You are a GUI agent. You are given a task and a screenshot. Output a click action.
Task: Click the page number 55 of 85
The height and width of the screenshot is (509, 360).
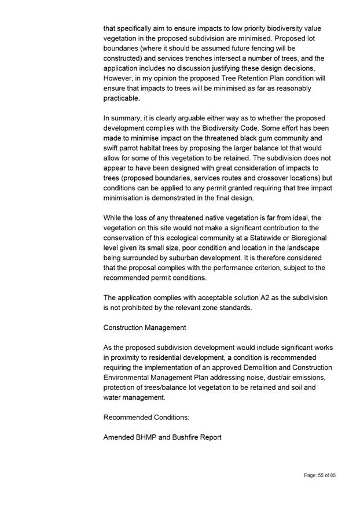point(320,475)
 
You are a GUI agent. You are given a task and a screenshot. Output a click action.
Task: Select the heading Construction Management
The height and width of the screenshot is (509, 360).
point(145,327)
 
